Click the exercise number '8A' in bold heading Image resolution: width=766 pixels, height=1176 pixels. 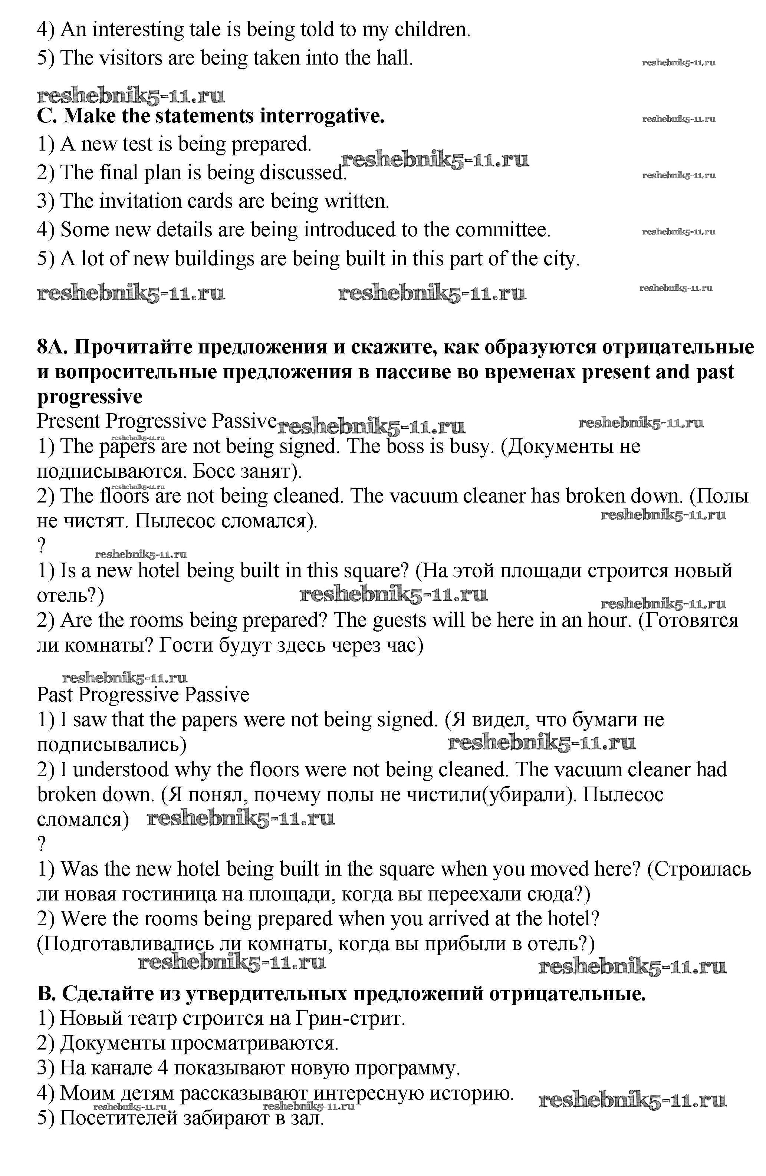coord(52,347)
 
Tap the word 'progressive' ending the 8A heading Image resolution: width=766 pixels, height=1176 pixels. coord(89,397)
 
